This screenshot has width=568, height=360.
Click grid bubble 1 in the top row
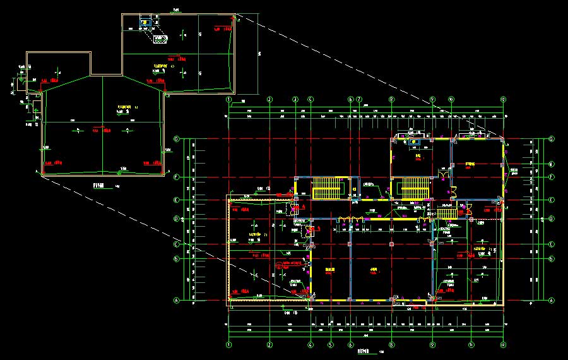pos(230,100)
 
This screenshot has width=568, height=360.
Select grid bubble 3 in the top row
pos(294,100)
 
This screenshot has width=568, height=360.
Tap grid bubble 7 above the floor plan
pos(358,100)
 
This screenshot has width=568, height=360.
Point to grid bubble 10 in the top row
pos(451,100)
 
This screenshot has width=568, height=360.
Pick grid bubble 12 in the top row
pos(503,100)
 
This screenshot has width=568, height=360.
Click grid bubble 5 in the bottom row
pos(330,345)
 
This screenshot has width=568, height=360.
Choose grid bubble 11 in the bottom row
pos(471,345)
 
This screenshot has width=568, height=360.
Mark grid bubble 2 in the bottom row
pos(269,345)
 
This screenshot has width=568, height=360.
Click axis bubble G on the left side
pos(177,139)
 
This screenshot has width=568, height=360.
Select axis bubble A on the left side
pos(177,301)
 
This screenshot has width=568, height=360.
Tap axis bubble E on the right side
pos(552,200)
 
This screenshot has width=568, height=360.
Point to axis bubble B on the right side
pos(552,258)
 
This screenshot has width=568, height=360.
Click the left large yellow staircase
pos(326,188)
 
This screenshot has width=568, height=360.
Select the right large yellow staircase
pos(411,188)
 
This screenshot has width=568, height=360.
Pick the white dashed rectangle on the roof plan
pos(160,39)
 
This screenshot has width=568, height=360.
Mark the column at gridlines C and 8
pos(391,243)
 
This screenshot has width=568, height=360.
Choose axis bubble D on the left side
pos(177,219)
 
